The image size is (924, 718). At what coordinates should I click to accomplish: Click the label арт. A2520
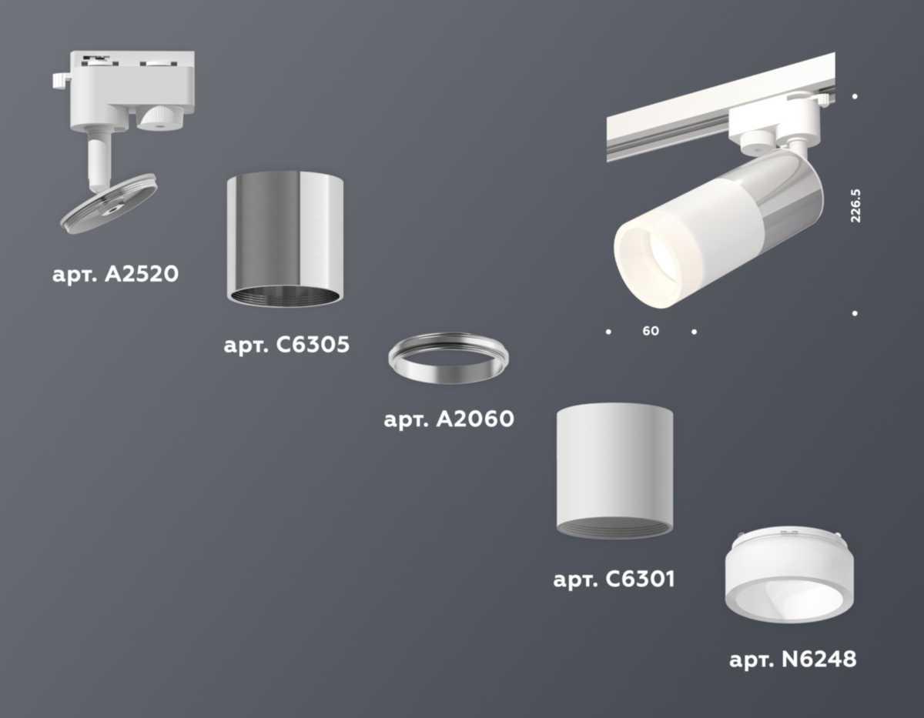(115, 274)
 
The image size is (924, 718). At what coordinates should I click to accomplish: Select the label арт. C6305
(286, 345)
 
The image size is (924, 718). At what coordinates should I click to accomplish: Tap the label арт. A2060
(448, 419)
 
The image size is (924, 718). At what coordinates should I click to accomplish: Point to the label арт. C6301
(614, 579)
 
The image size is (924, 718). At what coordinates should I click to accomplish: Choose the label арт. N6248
(792, 660)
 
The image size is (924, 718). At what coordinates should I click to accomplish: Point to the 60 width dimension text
(651, 332)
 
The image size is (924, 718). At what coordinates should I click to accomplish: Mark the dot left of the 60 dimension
(608, 332)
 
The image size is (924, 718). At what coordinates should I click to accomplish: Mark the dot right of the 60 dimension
(694, 332)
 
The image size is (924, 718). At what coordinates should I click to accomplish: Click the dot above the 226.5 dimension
(855, 96)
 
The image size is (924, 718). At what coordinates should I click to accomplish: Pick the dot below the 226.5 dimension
(855, 313)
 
